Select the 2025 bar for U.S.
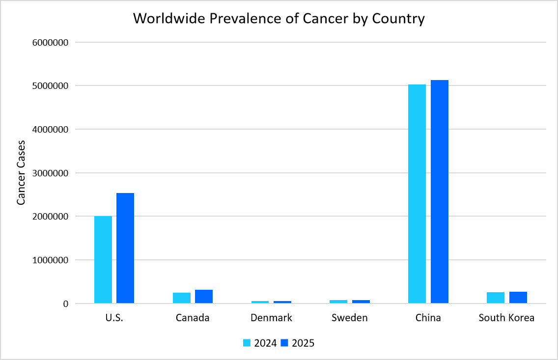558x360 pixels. (125, 248)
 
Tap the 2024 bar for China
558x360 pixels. (417, 194)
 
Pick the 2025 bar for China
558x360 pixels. (440, 192)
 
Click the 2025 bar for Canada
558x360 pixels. (204, 297)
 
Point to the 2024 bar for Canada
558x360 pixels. (182, 298)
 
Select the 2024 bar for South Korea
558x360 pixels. (496, 298)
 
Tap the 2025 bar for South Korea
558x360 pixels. (518, 298)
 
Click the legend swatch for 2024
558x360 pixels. (247, 343)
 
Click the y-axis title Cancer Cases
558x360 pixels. (21, 173)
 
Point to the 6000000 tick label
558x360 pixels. (50, 42)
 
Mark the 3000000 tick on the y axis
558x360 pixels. (50, 173)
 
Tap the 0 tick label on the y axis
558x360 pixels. (65, 304)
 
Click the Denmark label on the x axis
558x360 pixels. (271, 318)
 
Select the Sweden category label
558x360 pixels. (350, 318)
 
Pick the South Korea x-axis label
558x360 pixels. (506, 318)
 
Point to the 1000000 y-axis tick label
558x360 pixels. (50, 260)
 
